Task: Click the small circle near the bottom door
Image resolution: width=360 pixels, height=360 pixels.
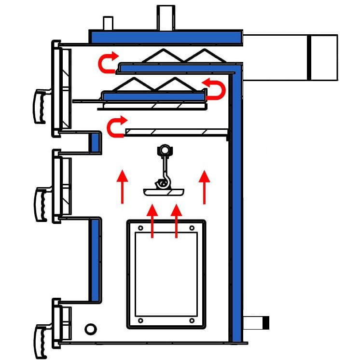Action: [90, 329]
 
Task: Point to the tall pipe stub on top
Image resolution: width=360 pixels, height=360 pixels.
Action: [166, 18]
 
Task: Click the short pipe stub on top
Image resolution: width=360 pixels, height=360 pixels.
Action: [108, 23]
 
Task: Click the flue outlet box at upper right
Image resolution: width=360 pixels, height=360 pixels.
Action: [290, 57]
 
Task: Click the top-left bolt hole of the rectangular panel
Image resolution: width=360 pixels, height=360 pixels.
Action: [140, 228]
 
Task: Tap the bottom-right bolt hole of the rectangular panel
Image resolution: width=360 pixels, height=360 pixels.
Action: [192, 320]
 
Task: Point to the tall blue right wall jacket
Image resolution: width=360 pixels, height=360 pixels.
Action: [236, 203]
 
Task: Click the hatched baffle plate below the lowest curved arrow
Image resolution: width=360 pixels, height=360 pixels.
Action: [176, 131]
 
